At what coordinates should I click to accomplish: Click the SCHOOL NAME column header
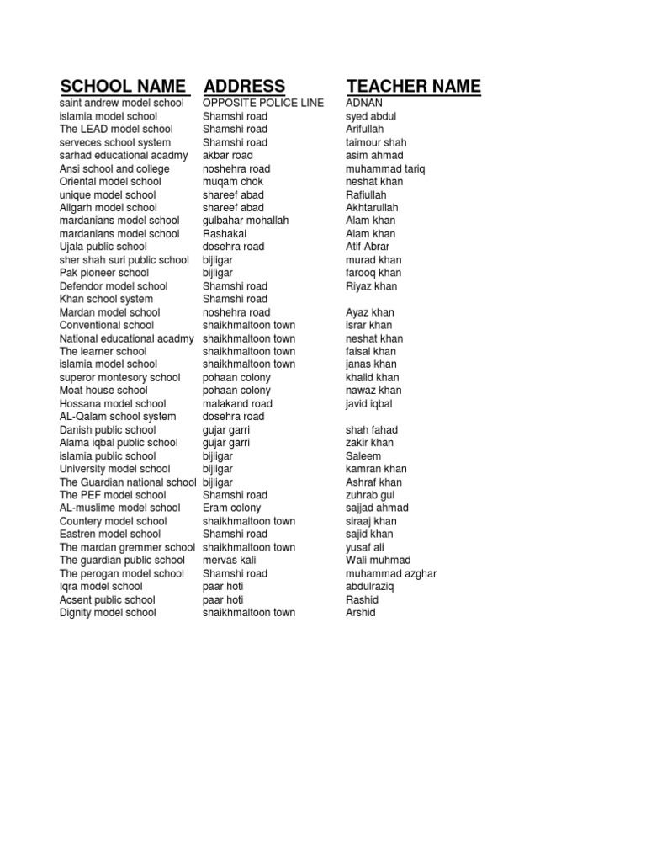(x=123, y=86)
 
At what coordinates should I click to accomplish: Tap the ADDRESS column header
(x=244, y=86)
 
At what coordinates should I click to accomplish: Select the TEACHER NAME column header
(x=414, y=86)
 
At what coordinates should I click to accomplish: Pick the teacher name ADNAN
(x=364, y=103)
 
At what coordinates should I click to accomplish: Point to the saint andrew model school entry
(x=122, y=103)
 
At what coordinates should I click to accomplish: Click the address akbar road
(x=227, y=155)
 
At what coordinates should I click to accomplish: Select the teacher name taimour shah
(x=376, y=142)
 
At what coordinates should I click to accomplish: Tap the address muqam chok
(x=233, y=181)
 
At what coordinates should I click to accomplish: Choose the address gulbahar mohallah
(x=246, y=221)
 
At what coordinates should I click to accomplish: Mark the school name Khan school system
(x=106, y=299)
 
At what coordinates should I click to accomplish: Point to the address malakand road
(x=237, y=403)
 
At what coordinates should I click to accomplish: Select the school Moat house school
(x=103, y=391)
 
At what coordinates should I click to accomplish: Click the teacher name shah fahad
(x=372, y=429)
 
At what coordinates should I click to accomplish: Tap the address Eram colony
(x=231, y=508)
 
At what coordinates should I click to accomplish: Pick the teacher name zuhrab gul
(x=370, y=495)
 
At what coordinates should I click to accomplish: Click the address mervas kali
(x=229, y=560)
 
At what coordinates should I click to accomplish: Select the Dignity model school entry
(x=108, y=612)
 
